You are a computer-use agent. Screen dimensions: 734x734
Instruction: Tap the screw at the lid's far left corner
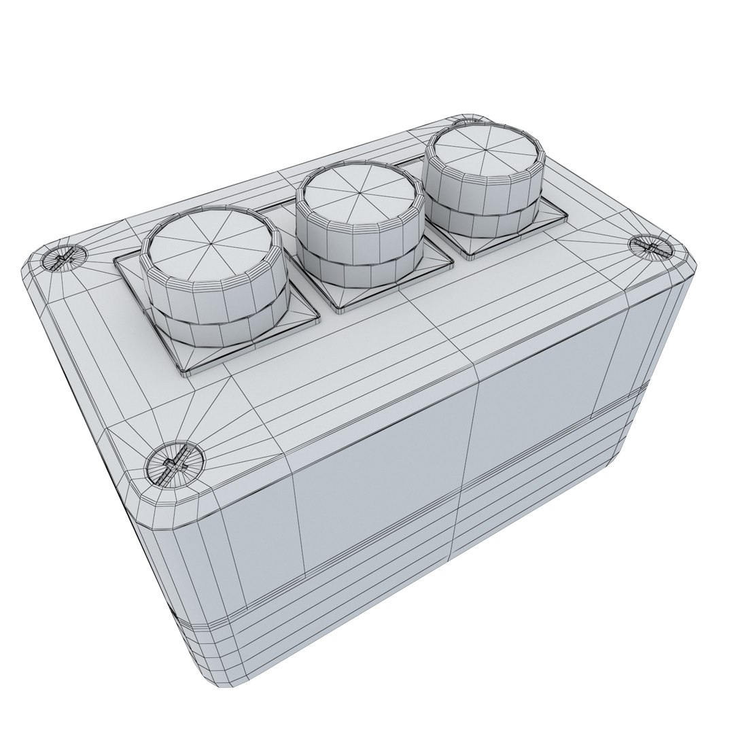[63, 258]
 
